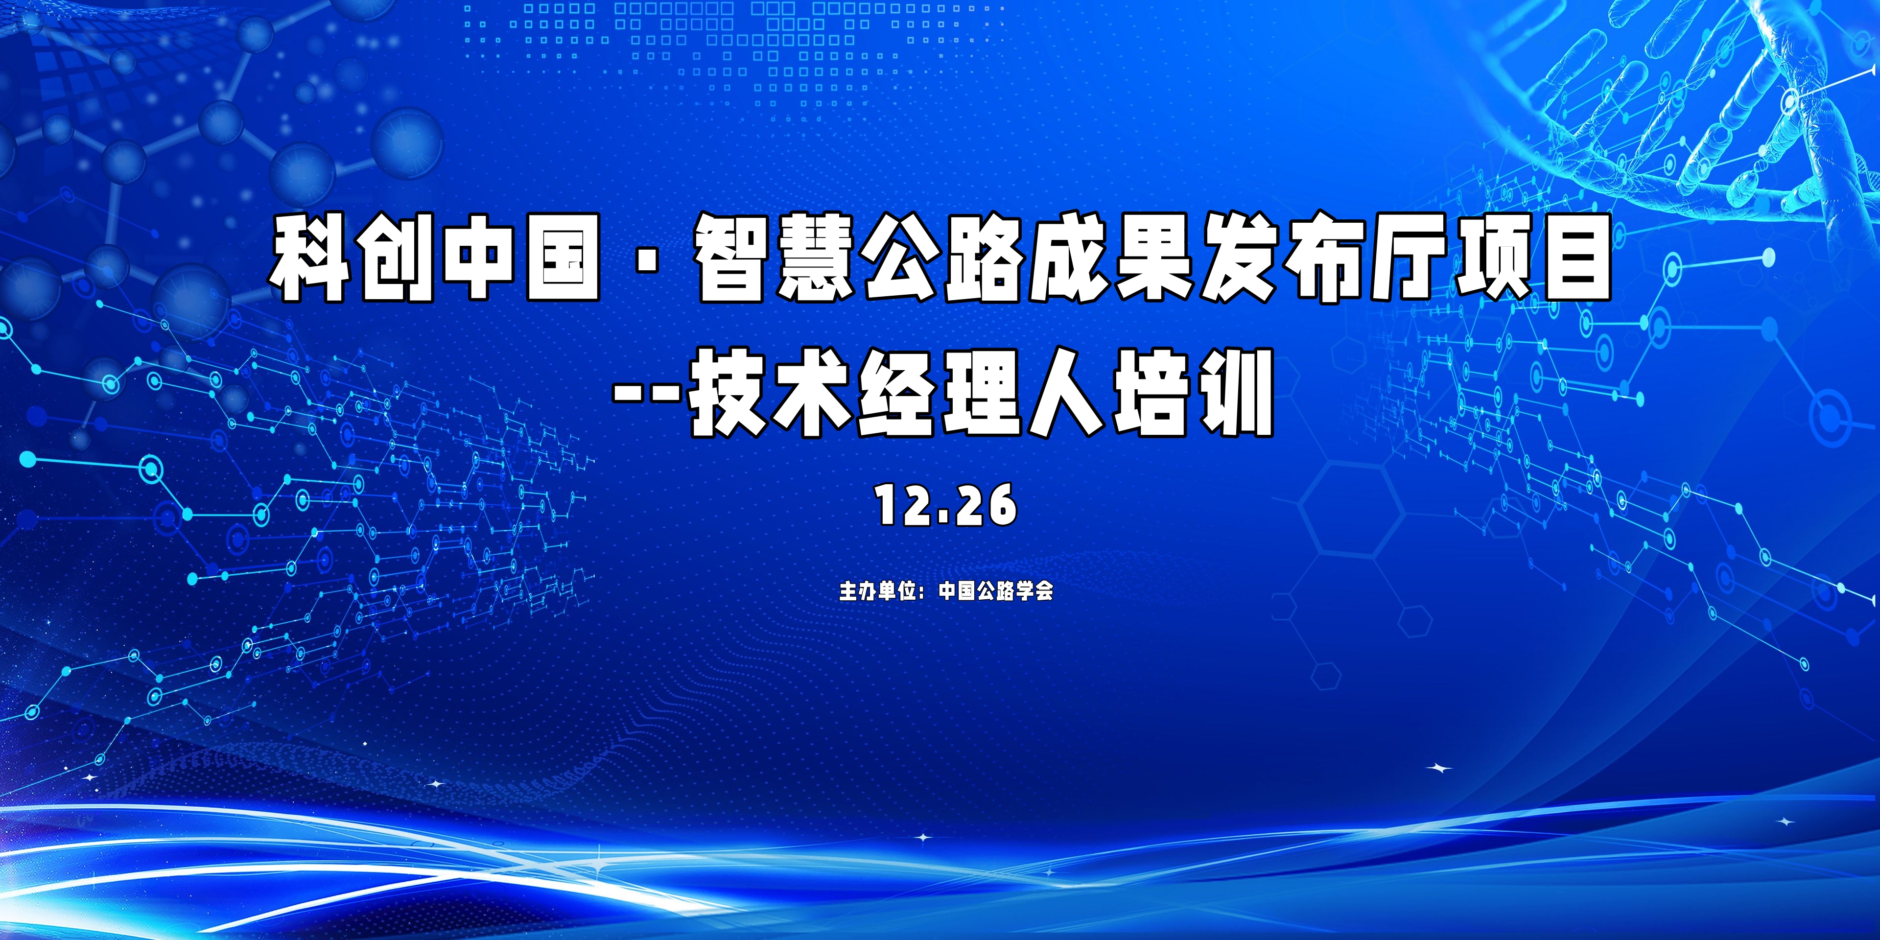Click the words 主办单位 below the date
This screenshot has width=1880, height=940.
click(877, 590)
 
